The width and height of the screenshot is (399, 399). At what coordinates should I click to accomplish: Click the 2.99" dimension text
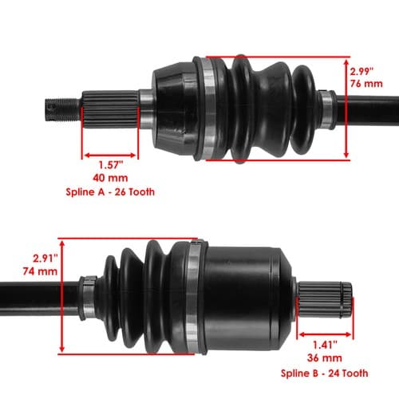click(361, 72)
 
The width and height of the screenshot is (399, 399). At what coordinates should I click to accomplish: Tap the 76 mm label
click(366, 84)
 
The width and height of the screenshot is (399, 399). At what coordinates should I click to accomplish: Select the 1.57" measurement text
click(111, 165)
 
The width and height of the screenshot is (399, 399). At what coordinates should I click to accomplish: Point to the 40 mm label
click(110, 178)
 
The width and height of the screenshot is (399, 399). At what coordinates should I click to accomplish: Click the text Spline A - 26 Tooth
click(110, 192)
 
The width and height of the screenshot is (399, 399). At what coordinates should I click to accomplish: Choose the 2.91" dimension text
click(45, 259)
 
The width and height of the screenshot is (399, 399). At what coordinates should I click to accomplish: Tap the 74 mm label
click(40, 271)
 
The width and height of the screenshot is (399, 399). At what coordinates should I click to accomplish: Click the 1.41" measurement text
click(325, 345)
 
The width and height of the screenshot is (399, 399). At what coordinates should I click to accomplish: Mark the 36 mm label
click(325, 358)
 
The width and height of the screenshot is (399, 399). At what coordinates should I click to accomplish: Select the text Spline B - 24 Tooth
click(325, 373)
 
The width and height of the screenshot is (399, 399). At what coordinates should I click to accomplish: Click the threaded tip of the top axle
click(63, 109)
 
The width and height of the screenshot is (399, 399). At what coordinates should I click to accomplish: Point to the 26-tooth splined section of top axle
click(110, 109)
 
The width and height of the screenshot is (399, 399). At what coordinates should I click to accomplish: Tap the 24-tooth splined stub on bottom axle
click(325, 299)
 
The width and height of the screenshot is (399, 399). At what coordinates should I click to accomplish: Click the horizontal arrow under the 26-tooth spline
click(110, 156)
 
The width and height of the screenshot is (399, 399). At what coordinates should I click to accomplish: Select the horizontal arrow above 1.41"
click(325, 334)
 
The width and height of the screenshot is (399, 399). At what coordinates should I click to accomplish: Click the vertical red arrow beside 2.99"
click(346, 109)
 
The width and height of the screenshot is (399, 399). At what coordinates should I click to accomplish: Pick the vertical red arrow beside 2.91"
click(62, 296)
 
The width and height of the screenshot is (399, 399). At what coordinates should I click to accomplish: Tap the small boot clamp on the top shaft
click(327, 109)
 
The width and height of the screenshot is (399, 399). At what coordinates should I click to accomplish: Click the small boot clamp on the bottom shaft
click(88, 298)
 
